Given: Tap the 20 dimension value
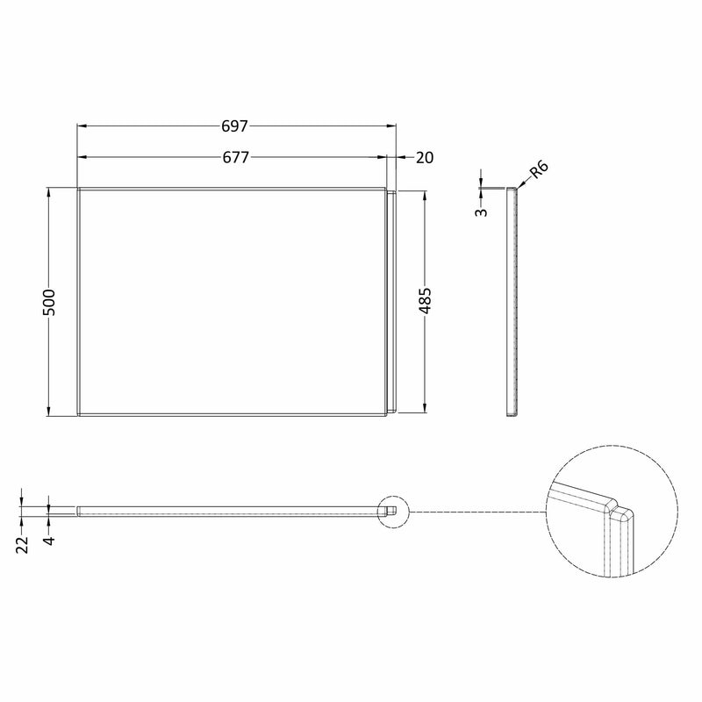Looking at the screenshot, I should click(x=425, y=157).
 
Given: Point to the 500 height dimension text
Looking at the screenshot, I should click(x=50, y=301).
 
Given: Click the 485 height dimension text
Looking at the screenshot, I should click(x=425, y=301).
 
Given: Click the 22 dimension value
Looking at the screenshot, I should click(x=23, y=543).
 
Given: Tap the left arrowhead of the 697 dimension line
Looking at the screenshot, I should click(x=82, y=125).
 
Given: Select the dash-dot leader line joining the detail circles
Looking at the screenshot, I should click(x=474, y=512).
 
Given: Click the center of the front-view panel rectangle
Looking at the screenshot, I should click(x=233, y=301).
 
